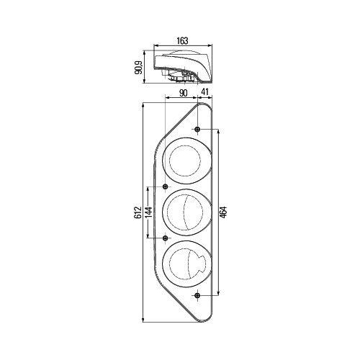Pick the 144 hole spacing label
point(148,214)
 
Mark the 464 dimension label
point(224,214)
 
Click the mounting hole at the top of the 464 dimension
point(197,130)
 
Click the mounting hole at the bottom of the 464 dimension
point(197,296)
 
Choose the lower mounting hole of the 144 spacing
point(166,238)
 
